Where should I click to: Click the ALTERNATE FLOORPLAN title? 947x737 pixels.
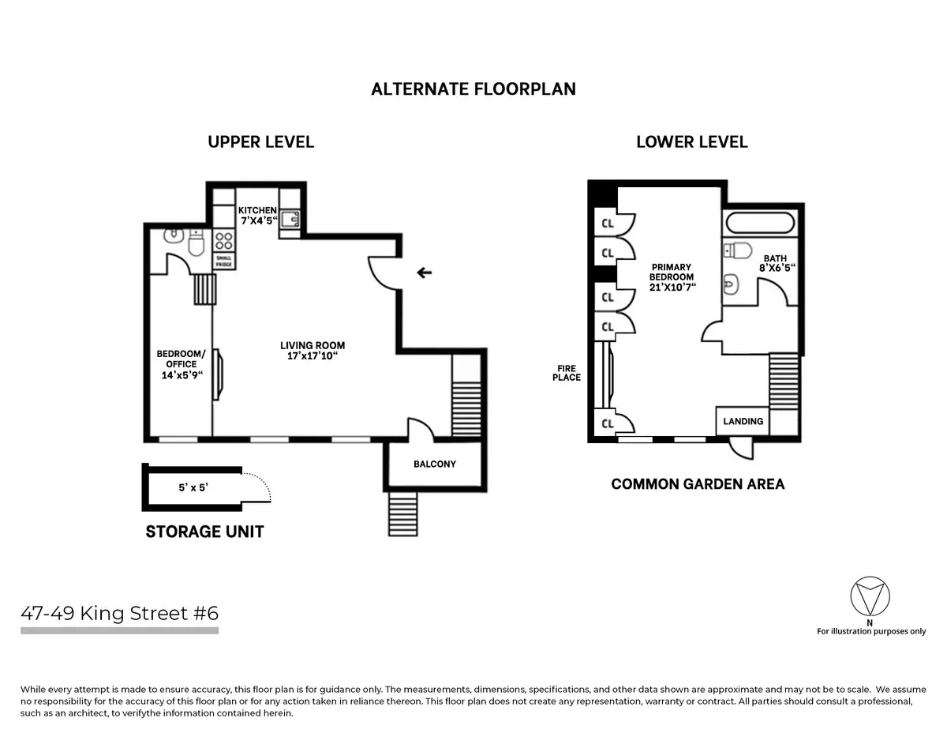click(x=473, y=88)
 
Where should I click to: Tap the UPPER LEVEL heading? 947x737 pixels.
click(x=260, y=142)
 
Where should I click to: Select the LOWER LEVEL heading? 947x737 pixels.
click(x=691, y=142)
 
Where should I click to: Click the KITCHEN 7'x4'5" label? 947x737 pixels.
click(x=257, y=216)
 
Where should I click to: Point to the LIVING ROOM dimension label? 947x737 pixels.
click(x=313, y=351)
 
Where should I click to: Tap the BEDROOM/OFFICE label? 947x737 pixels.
click(x=181, y=364)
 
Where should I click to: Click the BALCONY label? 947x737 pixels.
click(x=435, y=464)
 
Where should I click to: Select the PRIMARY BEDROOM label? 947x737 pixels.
click(x=671, y=277)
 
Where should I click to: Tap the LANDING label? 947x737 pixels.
click(x=743, y=421)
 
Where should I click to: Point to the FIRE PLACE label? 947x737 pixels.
click(x=567, y=372)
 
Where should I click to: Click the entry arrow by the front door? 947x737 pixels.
click(x=425, y=273)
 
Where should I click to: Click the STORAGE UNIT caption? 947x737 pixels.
click(x=204, y=532)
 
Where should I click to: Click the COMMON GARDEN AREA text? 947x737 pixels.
click(x=698, y=483)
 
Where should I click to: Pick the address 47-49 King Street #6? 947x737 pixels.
click(x=119, y=613)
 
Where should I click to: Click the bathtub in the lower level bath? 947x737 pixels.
click(x=761, y=222)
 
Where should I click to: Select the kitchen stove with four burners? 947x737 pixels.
click(x=223, y=239)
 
